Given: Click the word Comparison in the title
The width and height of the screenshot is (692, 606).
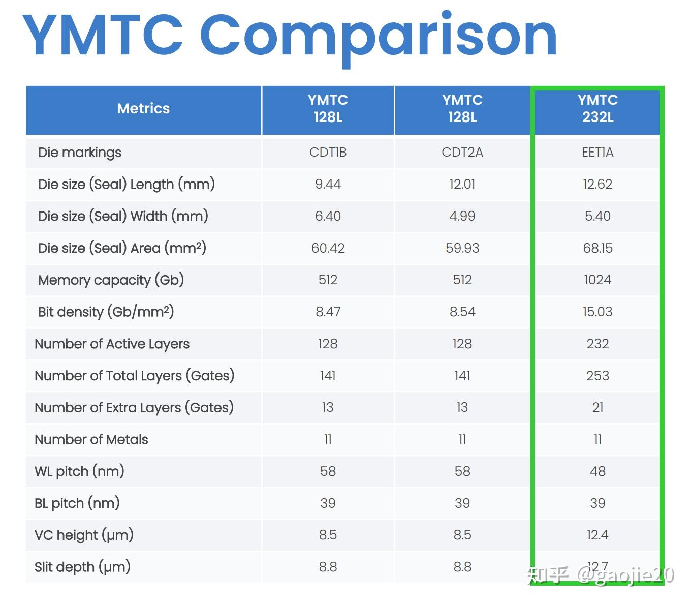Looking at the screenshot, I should point(379,37).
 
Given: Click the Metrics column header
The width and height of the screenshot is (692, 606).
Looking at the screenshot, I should point(143,109).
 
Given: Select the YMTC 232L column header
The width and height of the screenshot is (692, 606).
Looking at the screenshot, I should point(597,109).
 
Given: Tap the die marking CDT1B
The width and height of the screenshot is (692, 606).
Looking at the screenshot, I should point(328,153).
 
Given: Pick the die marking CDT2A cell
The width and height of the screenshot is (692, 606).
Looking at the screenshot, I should point(462,153).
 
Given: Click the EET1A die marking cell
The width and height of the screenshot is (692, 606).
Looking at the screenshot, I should point(597,153).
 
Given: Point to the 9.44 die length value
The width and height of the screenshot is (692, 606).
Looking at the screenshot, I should point(328,184).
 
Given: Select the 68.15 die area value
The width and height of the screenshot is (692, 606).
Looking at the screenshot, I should point(597,248).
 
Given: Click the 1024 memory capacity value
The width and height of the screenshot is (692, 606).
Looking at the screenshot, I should point(597,280).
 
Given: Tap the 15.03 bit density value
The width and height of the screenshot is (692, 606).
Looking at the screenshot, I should point(597,312).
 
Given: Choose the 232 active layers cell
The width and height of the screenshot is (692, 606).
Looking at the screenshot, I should point(597,344).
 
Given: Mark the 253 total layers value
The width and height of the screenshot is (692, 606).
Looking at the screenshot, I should point(597,376).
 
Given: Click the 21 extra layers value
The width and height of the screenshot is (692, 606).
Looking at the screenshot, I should point(597,407).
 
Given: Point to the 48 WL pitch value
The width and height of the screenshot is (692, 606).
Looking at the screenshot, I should point(597,471).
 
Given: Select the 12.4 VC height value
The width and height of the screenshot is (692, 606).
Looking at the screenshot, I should point(597,535).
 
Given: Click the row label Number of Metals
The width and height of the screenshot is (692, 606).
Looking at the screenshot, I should point(91,440).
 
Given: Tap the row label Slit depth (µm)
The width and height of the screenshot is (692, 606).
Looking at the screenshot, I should point(82,567).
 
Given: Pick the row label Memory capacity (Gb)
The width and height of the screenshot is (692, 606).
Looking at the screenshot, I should point(111,280).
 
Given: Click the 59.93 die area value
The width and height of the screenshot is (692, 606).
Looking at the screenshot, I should point(462,248).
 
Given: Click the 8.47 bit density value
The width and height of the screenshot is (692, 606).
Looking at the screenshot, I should point(328,312).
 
